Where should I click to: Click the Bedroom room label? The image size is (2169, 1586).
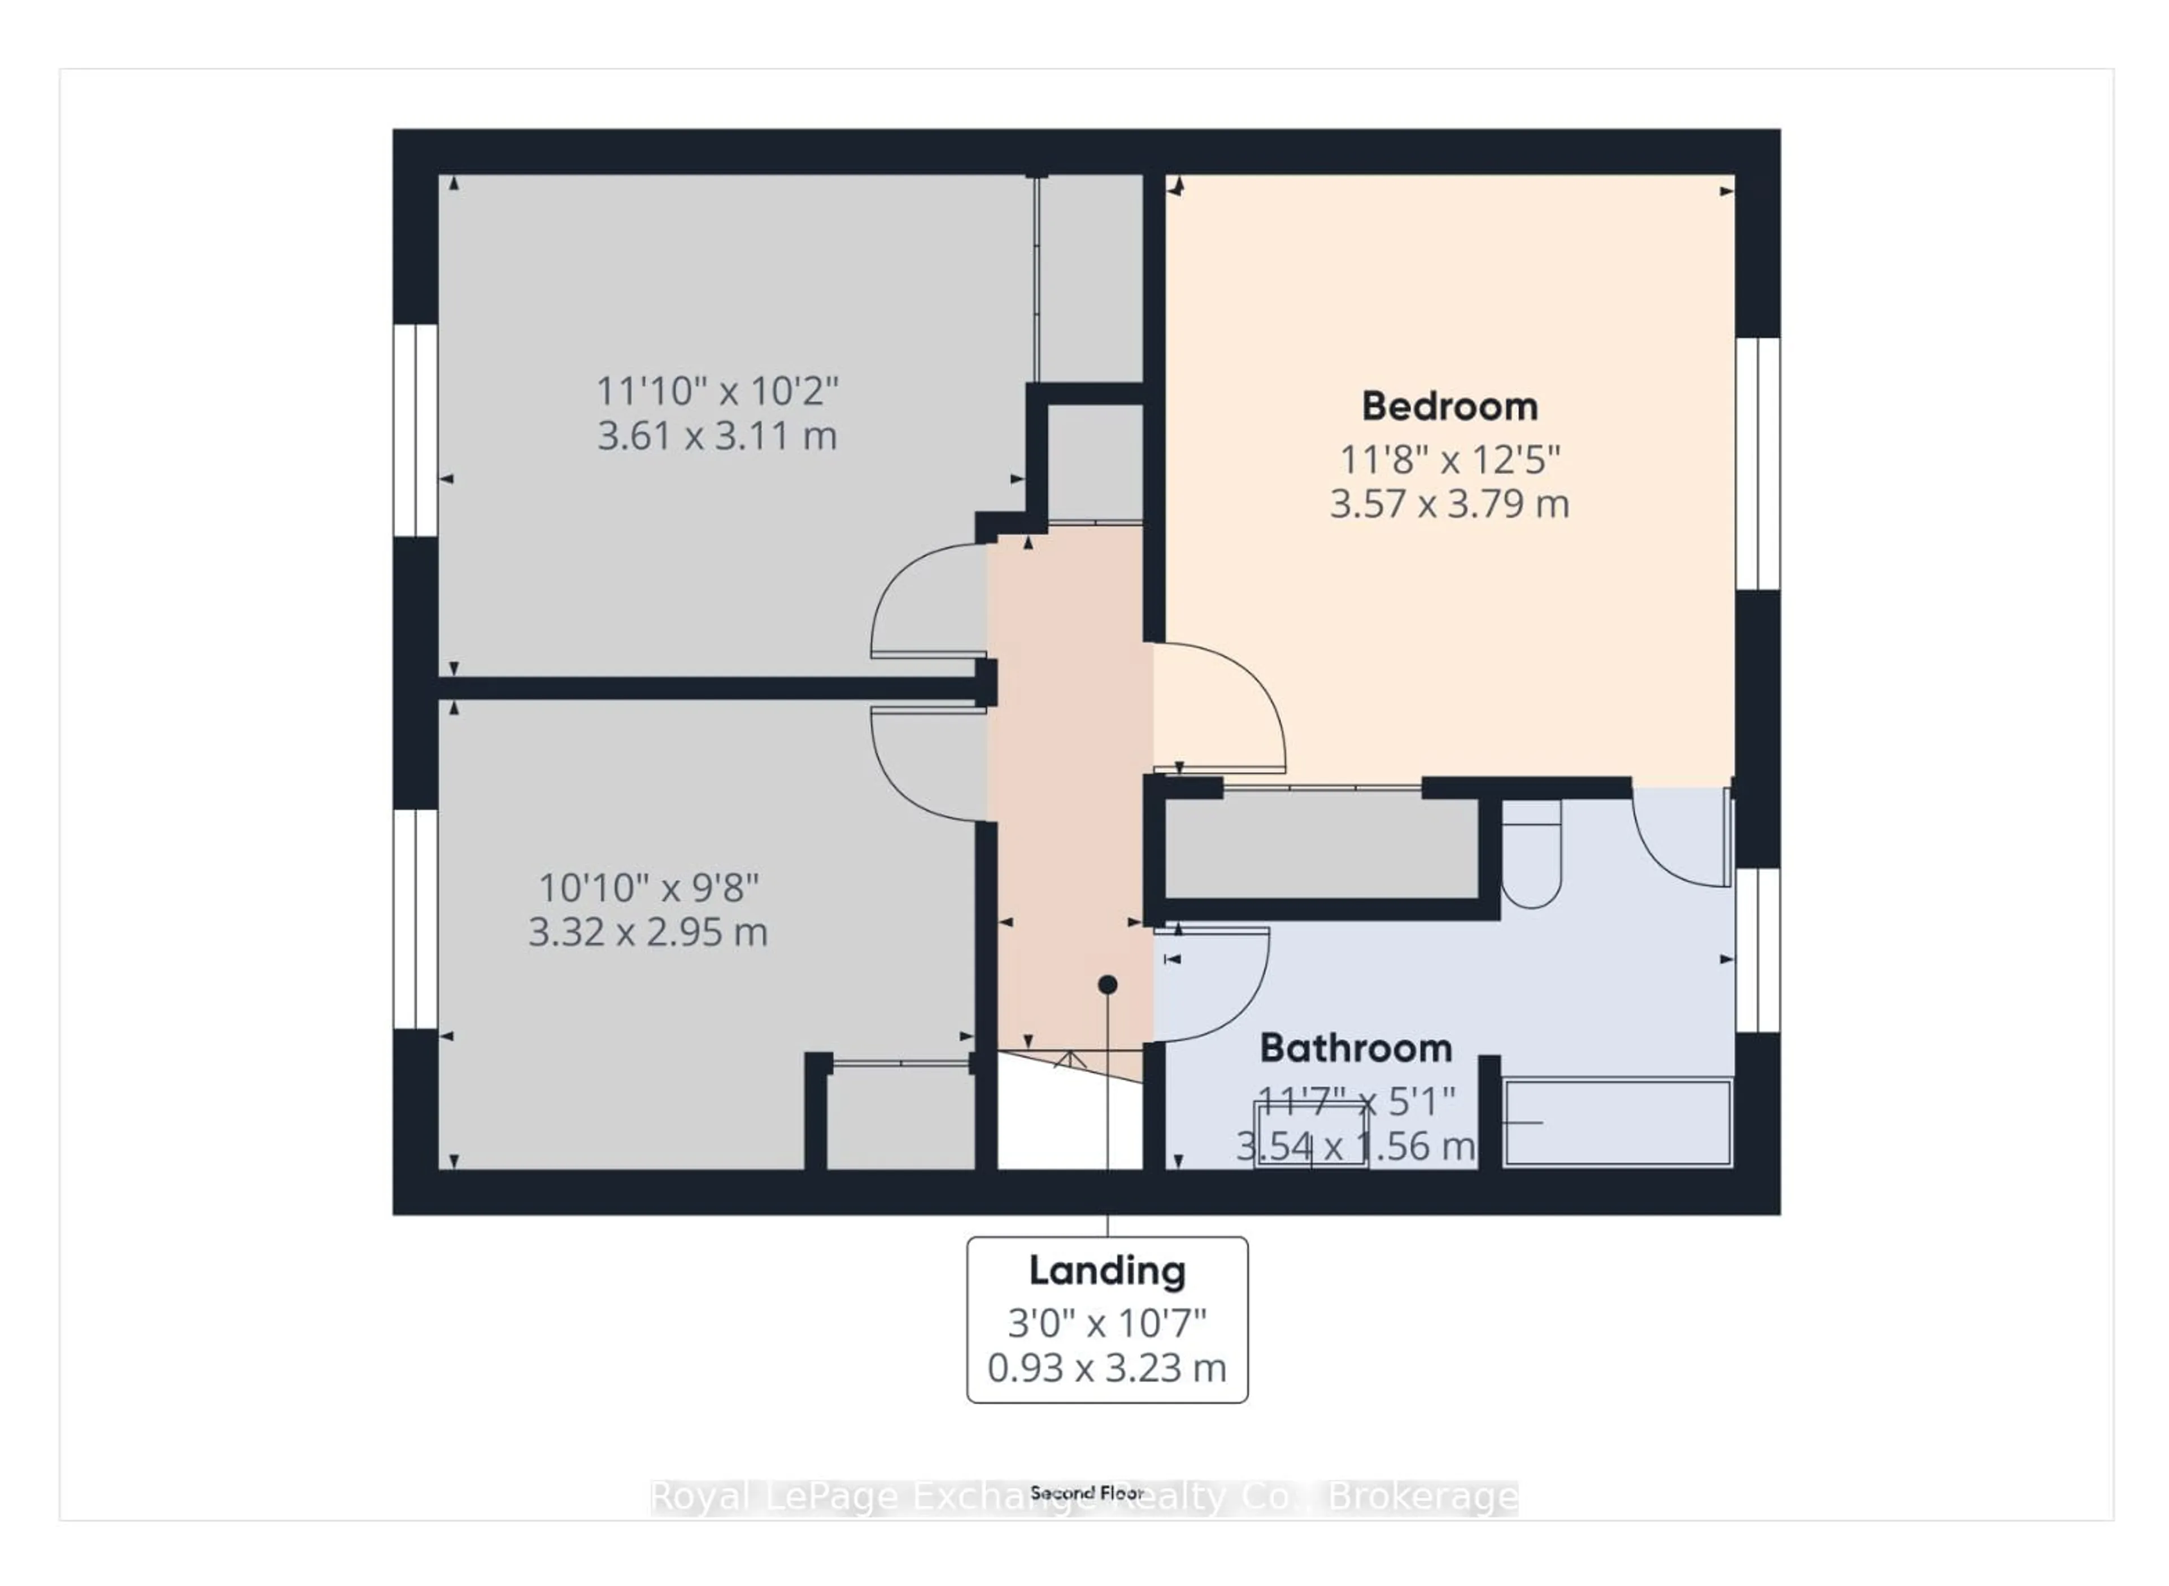click(x=1449, y=407)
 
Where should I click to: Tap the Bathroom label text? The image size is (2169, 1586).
click(x=1355, y=1048)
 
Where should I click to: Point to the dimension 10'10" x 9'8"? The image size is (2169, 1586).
click(x=648, y=888)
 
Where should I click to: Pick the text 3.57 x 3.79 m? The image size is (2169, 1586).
click(x=1449, y=504)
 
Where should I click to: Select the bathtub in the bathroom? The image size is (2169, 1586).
click(x=1617, y=1123)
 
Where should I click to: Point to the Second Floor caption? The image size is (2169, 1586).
click(x=1086, y=1493)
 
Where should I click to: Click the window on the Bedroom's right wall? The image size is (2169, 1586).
click(x=1757, y=464)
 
